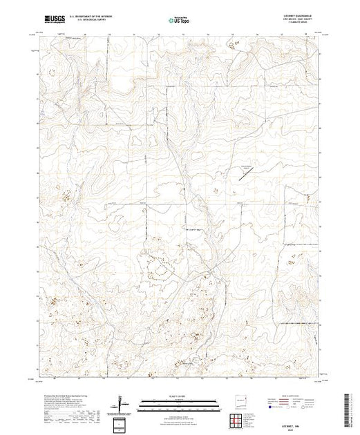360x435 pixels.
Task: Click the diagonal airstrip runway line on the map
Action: pos(246,175)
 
